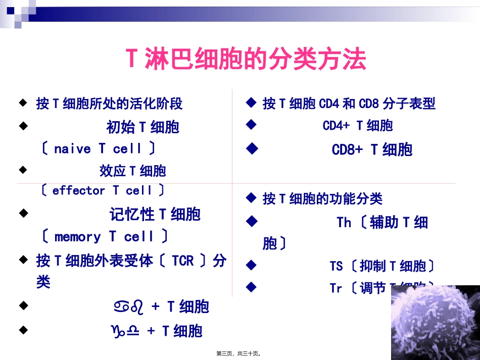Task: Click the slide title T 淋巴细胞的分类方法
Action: click(246, 59)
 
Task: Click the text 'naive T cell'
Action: click(98, 149)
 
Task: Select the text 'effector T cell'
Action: click(102, 190)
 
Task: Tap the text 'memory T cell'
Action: click(104, 236)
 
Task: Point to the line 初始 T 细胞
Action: click(142, 127)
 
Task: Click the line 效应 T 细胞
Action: click(132, 171)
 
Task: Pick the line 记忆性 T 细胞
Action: click(155, 214)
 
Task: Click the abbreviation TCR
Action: click(182, 261)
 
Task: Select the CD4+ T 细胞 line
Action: click(358, 126)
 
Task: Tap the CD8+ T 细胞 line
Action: click(372, 149)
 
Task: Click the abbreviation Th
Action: click(344, 222)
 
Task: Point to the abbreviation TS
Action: click(336, 266)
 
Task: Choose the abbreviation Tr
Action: click(336, 288)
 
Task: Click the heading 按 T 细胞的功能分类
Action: click(322, 198)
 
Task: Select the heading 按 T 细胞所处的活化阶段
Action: click(109, 104)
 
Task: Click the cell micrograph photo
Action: click(435, 322)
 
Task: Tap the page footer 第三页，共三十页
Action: click(239, 354)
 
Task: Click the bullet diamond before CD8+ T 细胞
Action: click(251, 149)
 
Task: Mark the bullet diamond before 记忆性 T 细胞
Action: click(23, 214)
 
